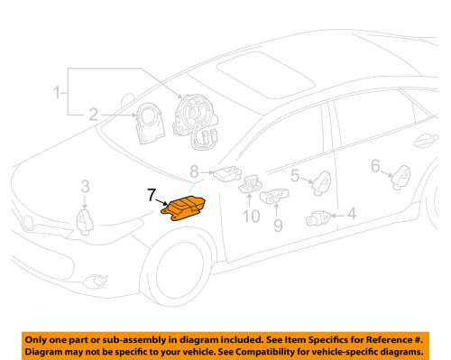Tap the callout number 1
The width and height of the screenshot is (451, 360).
click(x=59, y=93)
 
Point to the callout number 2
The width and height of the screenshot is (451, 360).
click(x=93, y=115)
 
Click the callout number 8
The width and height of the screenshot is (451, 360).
click(x=278, y=224)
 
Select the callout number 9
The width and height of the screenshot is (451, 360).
click(x=252, y=217)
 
